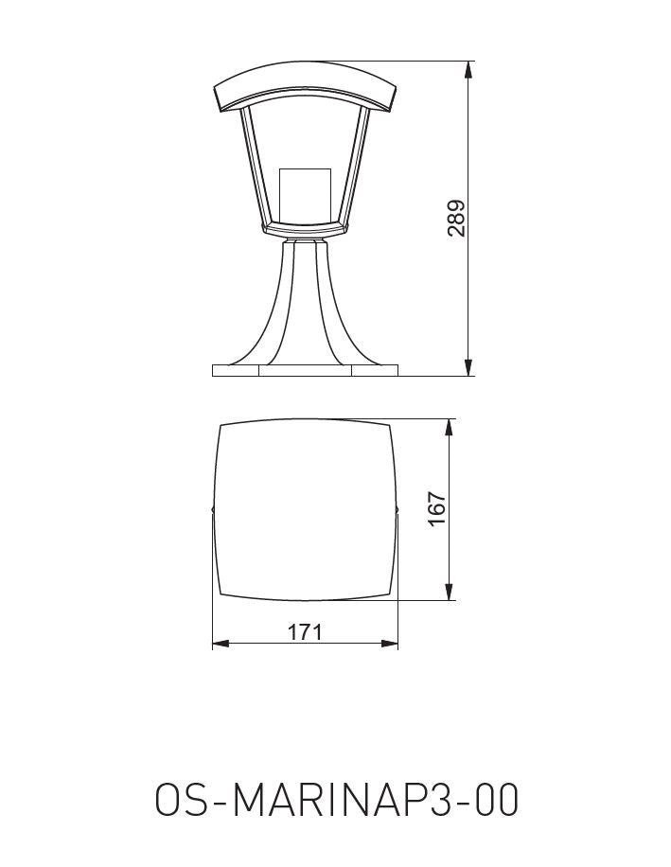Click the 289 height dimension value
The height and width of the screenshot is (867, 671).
click(x=457, y=218)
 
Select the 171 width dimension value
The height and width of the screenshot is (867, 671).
click(x=305, y=631)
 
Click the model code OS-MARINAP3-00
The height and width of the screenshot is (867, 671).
click(x=336, y=801)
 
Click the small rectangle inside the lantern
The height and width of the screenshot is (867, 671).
click(x=306, y=194)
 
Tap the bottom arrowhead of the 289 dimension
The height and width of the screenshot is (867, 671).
click(x=468, y=368)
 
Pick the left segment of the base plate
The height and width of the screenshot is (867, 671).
click(x=235, y=370)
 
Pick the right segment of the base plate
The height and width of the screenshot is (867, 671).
click(x=375, y=370)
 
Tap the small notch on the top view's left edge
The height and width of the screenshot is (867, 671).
click(x=212, y=510)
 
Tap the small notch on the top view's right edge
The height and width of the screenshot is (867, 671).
click(x=397, y=510)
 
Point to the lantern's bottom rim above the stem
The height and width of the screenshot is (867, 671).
click(x=305, y=229)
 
